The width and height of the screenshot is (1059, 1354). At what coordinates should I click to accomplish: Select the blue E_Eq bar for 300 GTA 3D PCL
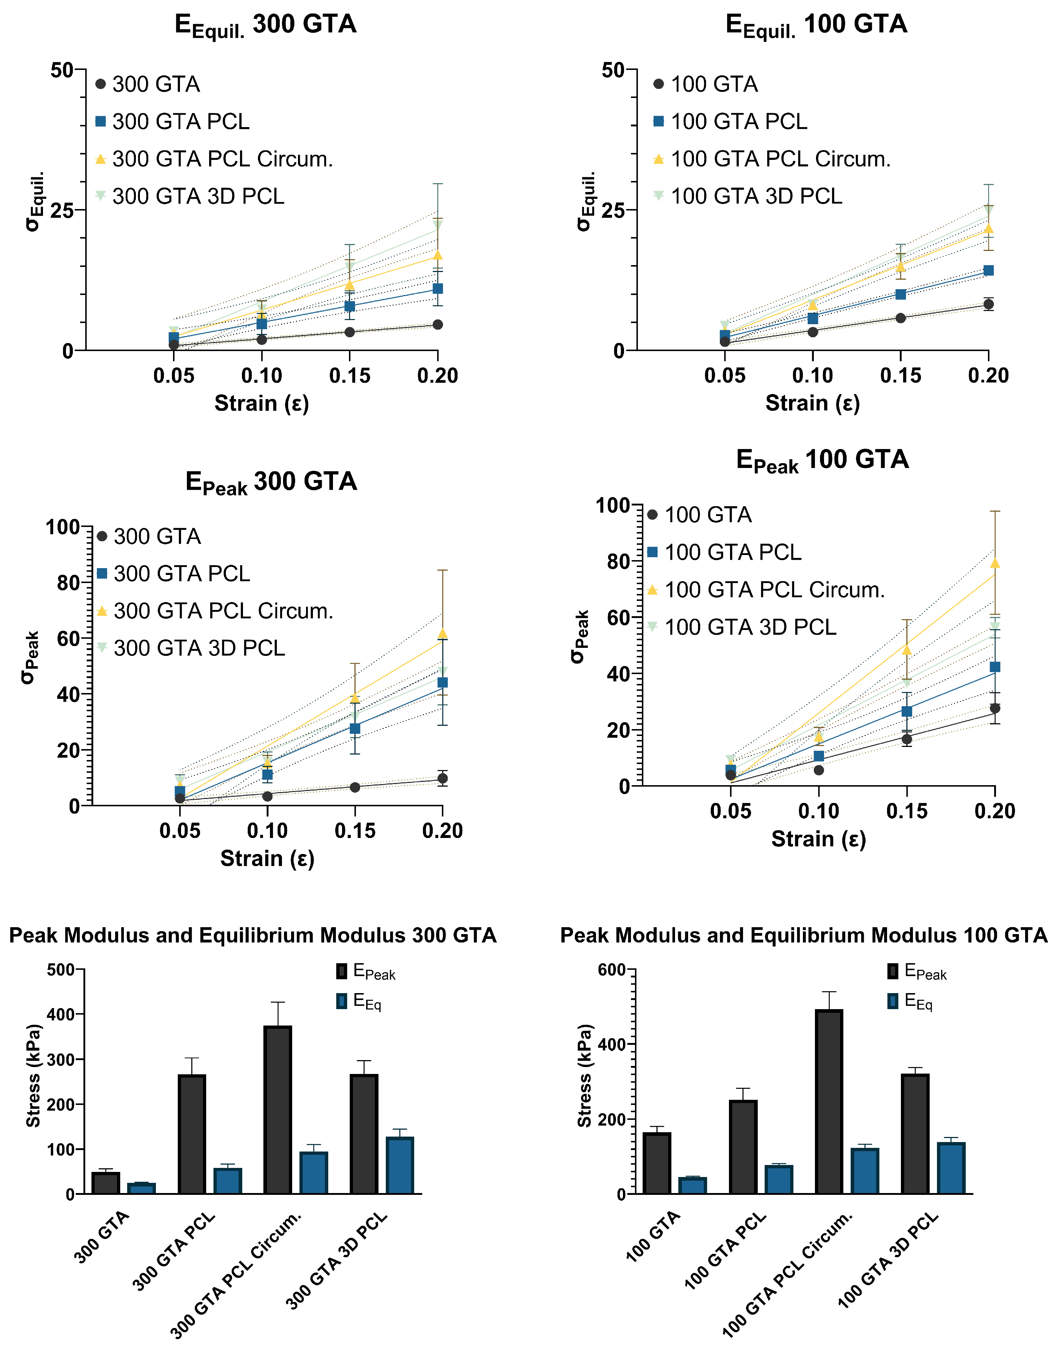[400, 1165]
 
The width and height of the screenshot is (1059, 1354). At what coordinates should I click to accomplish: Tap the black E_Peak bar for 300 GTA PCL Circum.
[278, 1110]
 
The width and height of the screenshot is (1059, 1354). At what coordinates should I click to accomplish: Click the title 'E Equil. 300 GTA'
[265, 25]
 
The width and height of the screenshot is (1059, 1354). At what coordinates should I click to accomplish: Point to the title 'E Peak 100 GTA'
[822, 460]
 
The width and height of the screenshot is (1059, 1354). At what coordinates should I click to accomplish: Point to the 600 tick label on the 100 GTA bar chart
[611, 970]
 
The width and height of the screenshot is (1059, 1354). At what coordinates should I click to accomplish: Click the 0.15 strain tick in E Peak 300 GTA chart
[355, 831]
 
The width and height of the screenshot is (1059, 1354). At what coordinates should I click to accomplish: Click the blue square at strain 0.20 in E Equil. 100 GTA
[988, 270]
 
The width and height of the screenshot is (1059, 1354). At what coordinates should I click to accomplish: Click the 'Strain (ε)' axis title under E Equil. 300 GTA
[262, 403]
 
